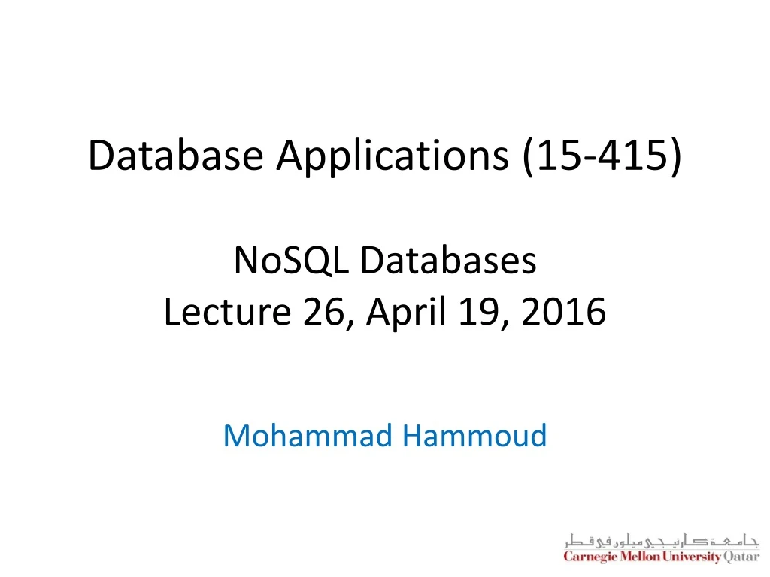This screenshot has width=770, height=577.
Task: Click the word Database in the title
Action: click(176, 156)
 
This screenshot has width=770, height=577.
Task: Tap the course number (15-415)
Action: click(602, 156)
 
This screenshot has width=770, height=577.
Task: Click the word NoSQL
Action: click(293, 261)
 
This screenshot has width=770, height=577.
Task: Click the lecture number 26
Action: click(322, 312)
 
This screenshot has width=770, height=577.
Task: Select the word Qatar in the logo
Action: click(741, 557)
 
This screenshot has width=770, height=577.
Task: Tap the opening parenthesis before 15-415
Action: click(526, 156)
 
